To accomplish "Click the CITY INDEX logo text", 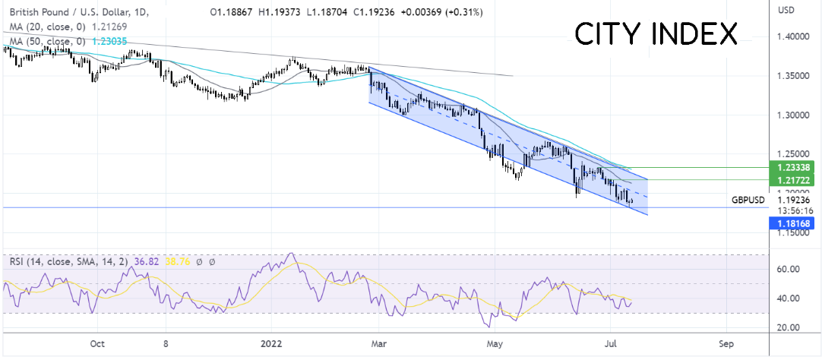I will coord(656,34).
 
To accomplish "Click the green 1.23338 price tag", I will coord(793,166).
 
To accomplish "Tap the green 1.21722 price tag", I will coord(793,180).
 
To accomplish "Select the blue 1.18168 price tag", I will coord(793,222).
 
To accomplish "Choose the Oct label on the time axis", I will coord(96,343).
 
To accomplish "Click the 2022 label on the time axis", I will coord(272,343).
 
